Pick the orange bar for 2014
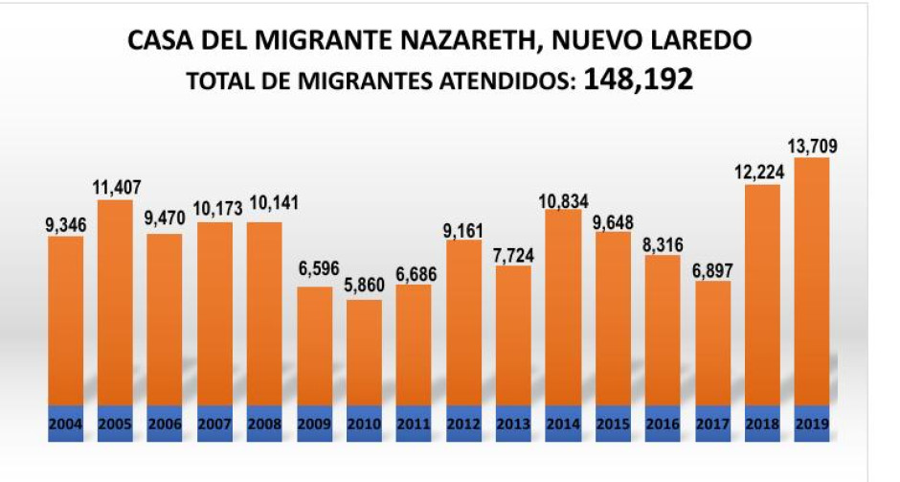tap(563, 307)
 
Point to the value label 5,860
tap(364, 287)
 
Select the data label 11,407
tap(115, 187)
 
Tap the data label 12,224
tap(762, 172)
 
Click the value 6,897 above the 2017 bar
tap(712, 268)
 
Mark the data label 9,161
tap(463, 228)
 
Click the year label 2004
tap(65, 425)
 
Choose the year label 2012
tap(463, 425)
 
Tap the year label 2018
tap(762, 425)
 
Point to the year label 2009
tap(314, 425)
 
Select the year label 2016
tap(663, 425)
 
